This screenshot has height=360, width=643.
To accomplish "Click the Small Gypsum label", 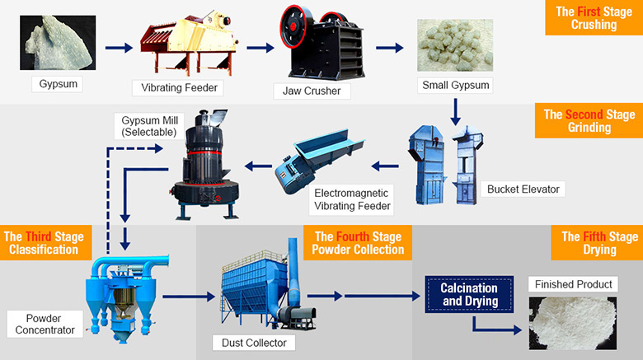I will (x=454, y=85).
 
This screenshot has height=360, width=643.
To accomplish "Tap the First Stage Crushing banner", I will (x=594, y=18).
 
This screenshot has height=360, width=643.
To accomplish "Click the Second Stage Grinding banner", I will (x=590, y=121).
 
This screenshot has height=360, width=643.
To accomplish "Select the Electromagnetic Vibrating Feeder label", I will (x=352, y=199).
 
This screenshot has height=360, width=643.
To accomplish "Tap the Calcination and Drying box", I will (x=468, y=295).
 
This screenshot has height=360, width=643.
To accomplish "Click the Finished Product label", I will (x=573, y=284).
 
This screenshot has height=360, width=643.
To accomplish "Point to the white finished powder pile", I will (x=573, y=324).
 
